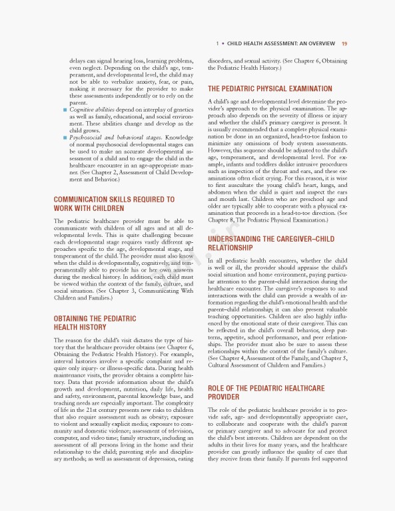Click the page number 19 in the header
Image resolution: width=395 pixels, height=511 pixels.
point(344,44)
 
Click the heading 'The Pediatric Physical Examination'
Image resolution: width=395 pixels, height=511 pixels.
point(270,88)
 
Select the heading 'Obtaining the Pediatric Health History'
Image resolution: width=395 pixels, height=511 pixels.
point(95,323)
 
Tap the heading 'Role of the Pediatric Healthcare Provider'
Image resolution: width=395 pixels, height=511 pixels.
point(266,392)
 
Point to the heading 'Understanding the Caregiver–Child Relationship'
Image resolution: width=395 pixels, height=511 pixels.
point(271,243)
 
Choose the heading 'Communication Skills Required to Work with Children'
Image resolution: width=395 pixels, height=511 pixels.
point(114,204)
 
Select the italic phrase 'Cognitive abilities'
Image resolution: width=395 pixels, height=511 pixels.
point(93,110)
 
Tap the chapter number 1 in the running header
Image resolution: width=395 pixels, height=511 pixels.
point(217,44)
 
